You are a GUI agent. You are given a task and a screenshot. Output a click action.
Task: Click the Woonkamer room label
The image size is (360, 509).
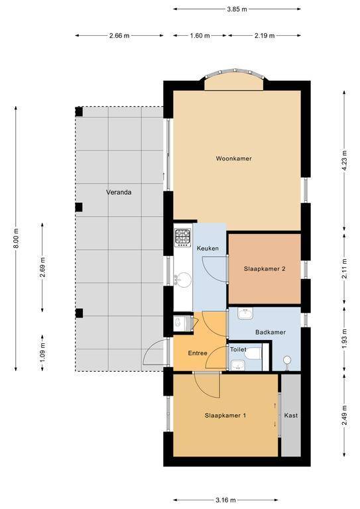coord(234,159)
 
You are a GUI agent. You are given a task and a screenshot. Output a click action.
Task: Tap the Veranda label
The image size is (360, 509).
coord(119,192)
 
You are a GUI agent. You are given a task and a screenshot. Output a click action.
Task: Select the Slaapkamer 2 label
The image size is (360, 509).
coord(265,269)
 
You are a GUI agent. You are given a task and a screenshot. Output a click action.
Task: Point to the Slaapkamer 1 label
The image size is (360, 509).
coord(225,416)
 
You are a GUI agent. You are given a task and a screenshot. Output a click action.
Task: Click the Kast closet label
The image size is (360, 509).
coord(291,416)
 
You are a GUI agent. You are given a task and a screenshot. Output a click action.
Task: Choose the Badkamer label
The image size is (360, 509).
coord(270,332)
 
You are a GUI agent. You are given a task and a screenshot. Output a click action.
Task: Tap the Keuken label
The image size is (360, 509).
coord(208,249)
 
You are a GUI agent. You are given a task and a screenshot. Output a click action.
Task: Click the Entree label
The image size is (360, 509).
coord(198,353)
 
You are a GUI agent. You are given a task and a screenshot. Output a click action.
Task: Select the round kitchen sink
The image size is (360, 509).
coord(183,280)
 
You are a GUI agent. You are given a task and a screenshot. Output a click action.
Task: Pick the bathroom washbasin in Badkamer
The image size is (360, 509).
coord(245,314)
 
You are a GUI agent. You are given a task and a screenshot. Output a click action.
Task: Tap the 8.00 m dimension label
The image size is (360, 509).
coord(16,239)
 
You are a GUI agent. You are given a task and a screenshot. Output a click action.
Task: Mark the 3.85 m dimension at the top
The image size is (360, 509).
coord(237,9)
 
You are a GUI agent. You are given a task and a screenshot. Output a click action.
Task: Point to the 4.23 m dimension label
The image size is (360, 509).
coord(345,161)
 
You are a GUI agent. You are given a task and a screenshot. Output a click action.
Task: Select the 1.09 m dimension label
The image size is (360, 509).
coord(43,353)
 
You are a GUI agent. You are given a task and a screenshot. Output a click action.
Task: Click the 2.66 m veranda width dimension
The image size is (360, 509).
coord(119,36)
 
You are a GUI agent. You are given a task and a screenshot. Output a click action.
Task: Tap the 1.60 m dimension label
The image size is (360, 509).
coord(200,36)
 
